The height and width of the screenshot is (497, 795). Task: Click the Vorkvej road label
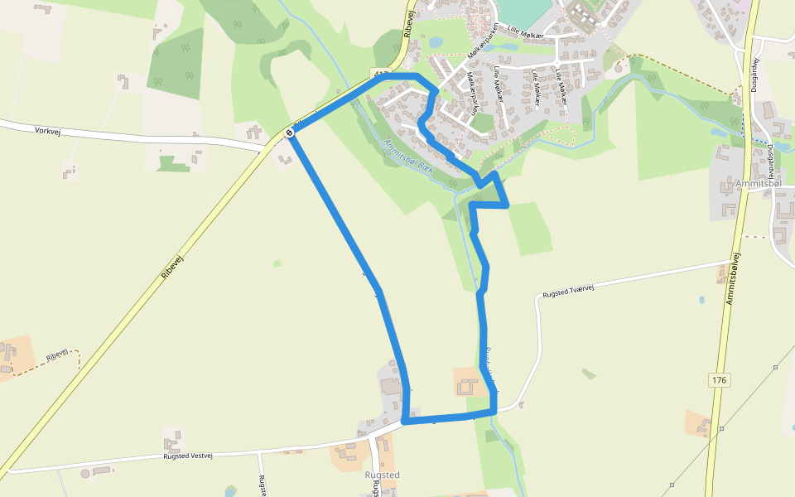point(51,131)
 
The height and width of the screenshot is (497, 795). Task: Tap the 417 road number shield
point(381,72)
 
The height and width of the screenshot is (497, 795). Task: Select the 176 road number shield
point(719,379)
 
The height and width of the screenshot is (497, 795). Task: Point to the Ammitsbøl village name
point(759,183)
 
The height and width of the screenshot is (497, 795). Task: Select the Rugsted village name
point(383,475)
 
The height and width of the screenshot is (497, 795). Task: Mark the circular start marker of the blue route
point(290,133)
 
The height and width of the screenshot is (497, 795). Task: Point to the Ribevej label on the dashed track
point(57,355)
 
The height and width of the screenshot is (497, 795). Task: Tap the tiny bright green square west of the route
point(277,263)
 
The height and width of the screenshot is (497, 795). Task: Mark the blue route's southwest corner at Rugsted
point(405,421)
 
